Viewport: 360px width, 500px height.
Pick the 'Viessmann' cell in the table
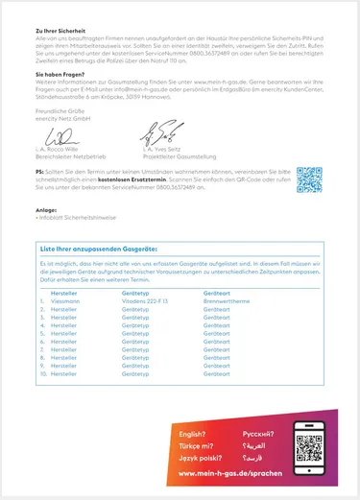pyautogui.click(x=65, y=300)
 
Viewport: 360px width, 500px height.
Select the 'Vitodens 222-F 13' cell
pyautogui.click(x=145, y=300)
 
